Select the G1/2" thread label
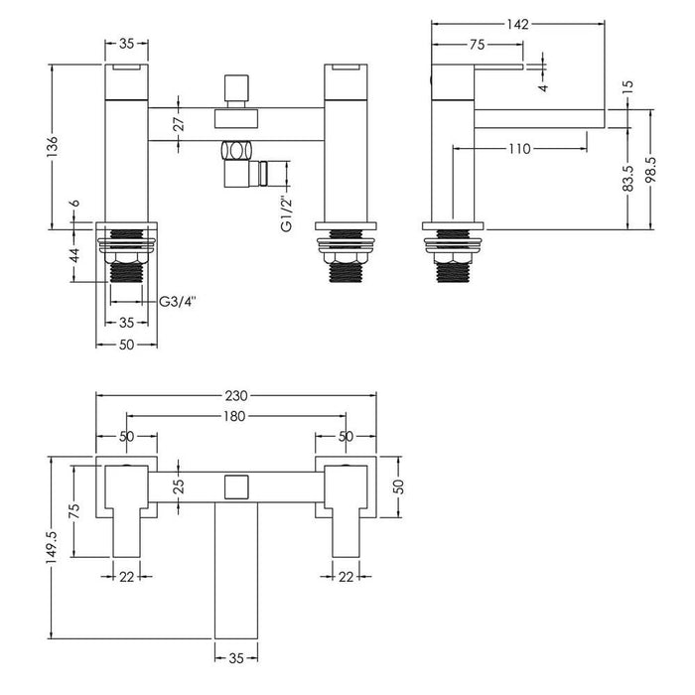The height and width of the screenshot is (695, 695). [x=285, y=210]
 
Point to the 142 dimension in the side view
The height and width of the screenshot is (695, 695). [x=516, y=25]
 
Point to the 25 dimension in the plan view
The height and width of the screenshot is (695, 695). [x=179, y=486]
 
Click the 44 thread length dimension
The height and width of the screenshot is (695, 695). [x=72, y=255]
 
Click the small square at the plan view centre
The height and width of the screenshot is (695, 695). [x=236, y=486]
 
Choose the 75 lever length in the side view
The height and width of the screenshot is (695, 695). [x=477, y=45]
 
